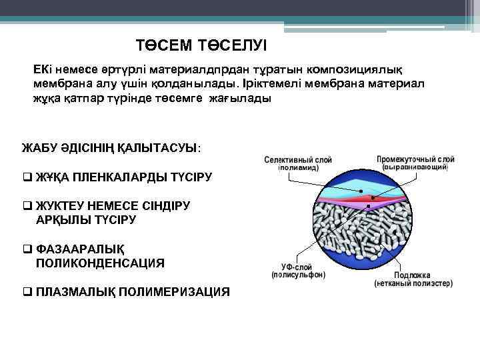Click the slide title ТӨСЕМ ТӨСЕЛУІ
(201, 45)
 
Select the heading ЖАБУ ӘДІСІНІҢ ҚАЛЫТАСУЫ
(110, 147)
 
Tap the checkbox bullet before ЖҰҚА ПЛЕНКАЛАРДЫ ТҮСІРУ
(26, 177)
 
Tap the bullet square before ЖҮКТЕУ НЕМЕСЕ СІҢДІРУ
(26, 207)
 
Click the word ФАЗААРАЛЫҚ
(80, 249)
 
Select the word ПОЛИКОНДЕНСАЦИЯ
(100, 263)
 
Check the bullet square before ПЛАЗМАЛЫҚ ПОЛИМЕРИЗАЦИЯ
(26, 292)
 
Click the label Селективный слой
(298, 161)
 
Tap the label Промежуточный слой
(415, 159)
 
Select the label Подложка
(412, 275)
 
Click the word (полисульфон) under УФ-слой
(298, 274)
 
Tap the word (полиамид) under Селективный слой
(298, 169)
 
